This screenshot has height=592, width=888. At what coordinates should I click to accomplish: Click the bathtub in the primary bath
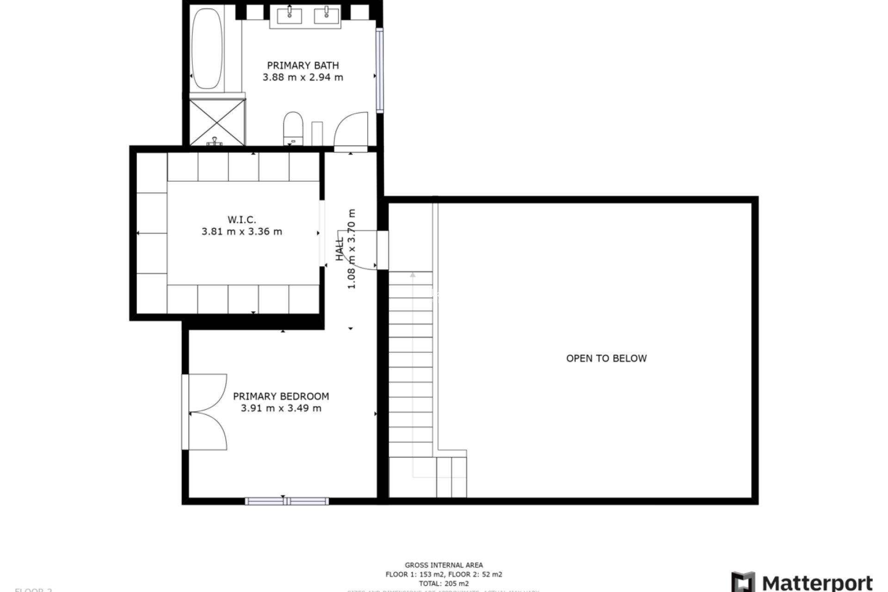click(207, 49)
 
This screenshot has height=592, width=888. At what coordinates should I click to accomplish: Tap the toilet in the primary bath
click(293, 128)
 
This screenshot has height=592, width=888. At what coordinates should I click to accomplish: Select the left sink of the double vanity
click(290, 15)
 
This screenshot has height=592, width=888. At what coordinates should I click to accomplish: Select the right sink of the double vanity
click(327, 15)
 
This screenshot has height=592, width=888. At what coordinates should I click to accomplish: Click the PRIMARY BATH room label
click(303, 65)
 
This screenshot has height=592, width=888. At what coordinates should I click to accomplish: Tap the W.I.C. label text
click(241, 219)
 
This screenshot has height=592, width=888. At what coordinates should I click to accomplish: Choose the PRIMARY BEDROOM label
click(281, 396)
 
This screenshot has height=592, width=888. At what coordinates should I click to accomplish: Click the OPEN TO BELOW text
click(606, 358)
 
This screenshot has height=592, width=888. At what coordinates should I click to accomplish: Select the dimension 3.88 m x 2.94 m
click(303, 78)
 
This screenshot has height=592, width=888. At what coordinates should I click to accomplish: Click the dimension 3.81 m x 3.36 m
click(241, 232)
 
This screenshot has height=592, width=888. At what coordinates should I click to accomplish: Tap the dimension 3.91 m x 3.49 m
click(281, 408)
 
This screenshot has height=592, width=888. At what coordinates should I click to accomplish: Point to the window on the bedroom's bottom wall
click(287, 501)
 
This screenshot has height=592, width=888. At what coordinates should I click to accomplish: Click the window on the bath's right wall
click(380, 70)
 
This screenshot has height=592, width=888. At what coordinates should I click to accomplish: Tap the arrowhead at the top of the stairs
click(413, 275)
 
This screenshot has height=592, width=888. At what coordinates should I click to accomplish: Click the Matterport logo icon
click(743, 581)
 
